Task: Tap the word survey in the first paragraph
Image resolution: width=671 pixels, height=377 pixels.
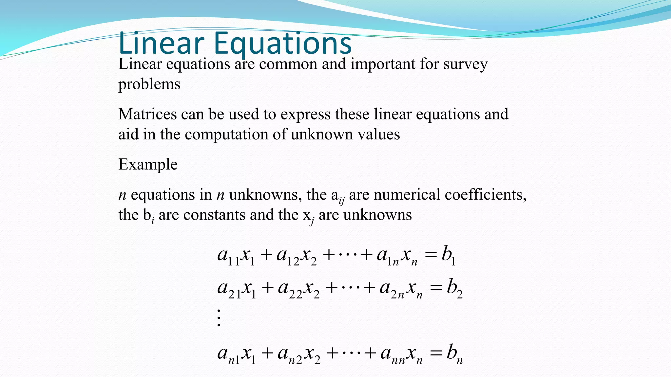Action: (465, 64)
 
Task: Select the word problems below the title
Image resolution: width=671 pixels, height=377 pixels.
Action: (149, 84)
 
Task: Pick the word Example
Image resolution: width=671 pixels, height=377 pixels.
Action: (148, 165)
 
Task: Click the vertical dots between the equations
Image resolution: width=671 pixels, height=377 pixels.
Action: (219, 317)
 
